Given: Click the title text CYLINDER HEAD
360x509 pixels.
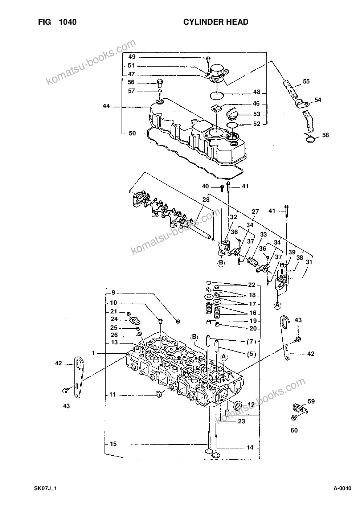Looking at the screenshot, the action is [x=216, y=22].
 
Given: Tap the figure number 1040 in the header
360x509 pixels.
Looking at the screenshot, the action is [x=67, y=22].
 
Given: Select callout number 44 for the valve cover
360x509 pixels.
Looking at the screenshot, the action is [x=106, y=106].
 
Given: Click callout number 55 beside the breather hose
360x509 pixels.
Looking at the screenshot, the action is [x=306, y=81].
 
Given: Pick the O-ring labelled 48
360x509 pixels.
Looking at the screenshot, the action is [x=217, y=95].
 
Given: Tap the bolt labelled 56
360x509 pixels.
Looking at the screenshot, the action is [x=160, y=83].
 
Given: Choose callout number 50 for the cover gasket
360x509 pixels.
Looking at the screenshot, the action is [x=132, y=133].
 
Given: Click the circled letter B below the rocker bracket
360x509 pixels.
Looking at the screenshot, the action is [x=221, y=263].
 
